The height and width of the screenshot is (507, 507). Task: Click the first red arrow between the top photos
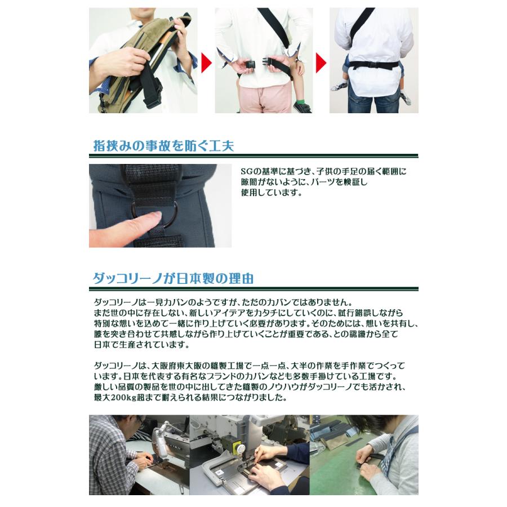(206, 63)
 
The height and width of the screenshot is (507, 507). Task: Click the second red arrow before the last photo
(321, 63)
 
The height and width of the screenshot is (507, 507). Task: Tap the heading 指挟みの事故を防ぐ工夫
(163, 145)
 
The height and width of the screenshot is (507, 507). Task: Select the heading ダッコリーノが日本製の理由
(173, 278)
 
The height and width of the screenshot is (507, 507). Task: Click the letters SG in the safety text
(247, 171)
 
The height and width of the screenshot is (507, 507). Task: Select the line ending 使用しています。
(272, 193)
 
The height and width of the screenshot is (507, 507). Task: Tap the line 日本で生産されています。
(141, 345)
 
